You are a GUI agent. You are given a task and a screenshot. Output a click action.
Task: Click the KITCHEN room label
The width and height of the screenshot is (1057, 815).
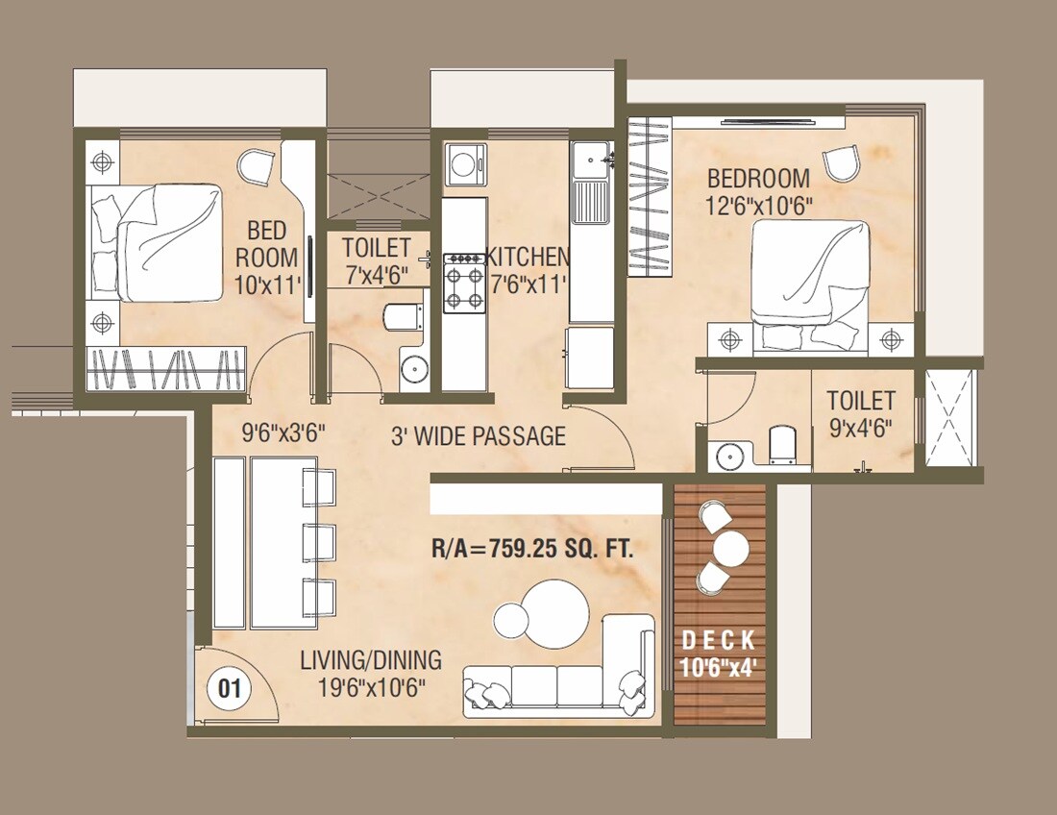[x=528, y=258]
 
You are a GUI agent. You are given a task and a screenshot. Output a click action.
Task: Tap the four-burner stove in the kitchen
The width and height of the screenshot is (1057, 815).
[x=463, y=284]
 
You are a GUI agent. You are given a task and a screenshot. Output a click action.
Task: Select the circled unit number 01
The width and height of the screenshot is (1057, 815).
[x=230, y=688]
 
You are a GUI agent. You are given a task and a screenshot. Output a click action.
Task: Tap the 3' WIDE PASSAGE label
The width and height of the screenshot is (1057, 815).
[x=478, y=436]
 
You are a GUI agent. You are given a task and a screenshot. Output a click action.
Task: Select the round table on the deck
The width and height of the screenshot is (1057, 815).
[x=730, y=551]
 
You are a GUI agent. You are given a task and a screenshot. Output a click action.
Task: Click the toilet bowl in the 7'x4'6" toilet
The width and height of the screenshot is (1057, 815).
[x=400, y=316]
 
